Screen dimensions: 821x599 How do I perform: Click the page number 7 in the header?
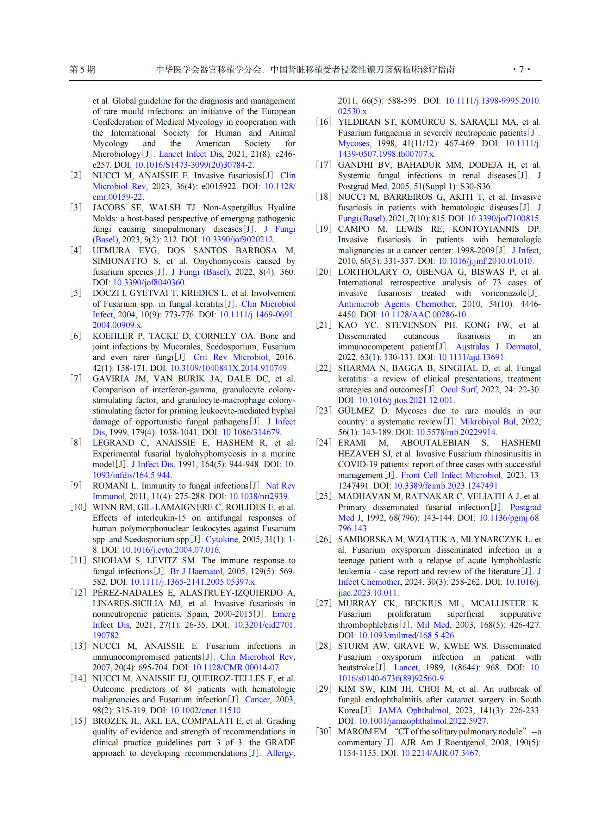521,69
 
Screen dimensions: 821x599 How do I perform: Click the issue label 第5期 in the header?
82,70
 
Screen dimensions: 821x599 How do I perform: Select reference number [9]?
76,486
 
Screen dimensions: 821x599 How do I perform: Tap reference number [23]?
323,411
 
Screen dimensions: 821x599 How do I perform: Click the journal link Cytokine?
221,539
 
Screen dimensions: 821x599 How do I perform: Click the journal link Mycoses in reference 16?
354,143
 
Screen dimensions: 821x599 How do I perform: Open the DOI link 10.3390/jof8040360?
149,282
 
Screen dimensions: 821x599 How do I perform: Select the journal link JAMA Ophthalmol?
413,710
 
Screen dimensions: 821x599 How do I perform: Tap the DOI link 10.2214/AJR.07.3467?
440,753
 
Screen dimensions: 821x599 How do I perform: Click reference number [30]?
323,732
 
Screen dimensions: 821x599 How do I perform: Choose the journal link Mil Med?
433,625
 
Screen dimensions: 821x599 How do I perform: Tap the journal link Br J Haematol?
196,571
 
